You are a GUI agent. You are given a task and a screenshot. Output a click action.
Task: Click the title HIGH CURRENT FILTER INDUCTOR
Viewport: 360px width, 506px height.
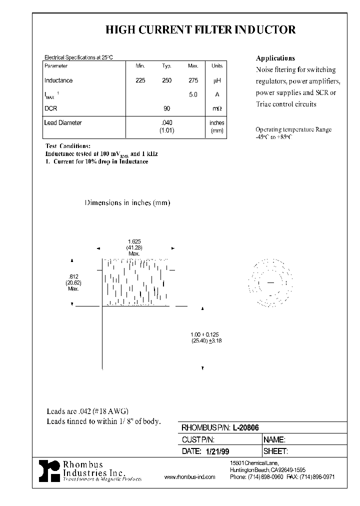point(200,30)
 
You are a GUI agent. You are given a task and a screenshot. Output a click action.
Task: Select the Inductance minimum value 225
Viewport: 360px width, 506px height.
point(140,80)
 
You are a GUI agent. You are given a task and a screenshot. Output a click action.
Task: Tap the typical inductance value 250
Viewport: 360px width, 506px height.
point(167,80)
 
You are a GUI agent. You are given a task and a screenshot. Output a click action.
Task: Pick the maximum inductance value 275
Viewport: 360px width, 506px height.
point(193,80)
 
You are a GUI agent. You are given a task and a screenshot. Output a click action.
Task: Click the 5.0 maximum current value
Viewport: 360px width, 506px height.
point(193,94)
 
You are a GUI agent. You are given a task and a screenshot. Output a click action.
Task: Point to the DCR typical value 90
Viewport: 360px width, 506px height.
point(167,108)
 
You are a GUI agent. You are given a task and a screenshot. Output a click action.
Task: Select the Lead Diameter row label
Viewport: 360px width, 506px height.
point(63,122)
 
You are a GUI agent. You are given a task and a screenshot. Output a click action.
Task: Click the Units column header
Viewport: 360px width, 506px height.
point(217,66)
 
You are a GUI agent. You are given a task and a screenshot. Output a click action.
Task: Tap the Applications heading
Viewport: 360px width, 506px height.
point(275,58)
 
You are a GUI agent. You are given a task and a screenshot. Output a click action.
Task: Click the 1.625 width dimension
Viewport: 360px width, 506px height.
point(133,241)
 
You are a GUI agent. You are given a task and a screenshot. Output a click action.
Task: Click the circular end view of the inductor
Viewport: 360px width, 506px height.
point(270,283)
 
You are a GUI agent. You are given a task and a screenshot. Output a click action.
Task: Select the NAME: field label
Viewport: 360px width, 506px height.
point(274,439)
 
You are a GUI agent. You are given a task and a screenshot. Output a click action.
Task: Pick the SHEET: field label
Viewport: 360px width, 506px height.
point(275,451)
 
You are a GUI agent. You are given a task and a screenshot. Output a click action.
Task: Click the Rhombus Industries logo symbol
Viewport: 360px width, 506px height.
point(49,471)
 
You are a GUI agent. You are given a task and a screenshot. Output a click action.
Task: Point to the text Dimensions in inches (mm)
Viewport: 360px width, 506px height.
point(127,203)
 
